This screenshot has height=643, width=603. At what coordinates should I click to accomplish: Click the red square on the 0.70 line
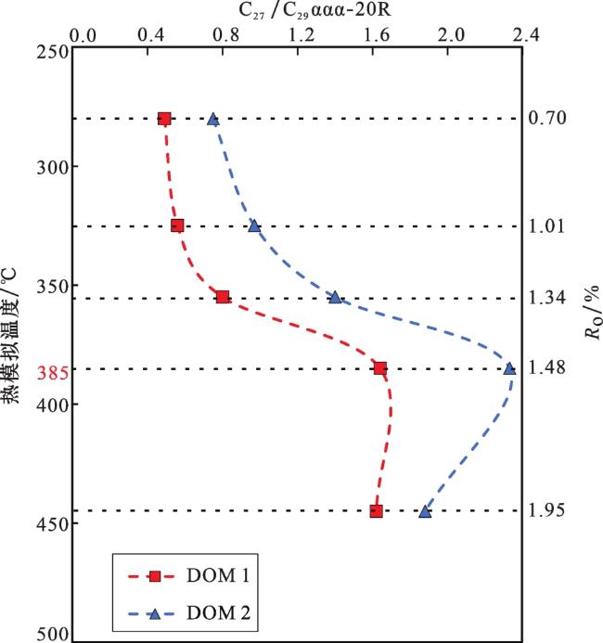(x=164, y=119)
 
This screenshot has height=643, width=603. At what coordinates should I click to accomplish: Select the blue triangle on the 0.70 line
(x=213, y=120)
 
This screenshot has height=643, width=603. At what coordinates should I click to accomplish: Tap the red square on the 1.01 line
(x=177, y=225)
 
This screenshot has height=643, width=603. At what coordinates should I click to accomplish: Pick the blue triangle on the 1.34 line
(x=335, y=297)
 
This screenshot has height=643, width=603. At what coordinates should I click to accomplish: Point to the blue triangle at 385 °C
(x=509, y=368)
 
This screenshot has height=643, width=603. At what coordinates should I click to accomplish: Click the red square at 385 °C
(x=380, y=367)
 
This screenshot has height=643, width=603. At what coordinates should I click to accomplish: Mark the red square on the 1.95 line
(x=376, y=511)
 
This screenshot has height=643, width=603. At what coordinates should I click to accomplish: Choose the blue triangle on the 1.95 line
(x=425, y=511)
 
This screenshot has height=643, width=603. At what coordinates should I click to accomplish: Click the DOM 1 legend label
(x=218, y=576)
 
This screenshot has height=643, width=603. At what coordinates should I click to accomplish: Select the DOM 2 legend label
(x=218, y=613)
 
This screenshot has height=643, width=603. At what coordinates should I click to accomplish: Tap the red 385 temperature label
(x=52, y=373)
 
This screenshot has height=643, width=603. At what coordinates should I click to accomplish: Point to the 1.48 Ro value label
(x=547, y=367)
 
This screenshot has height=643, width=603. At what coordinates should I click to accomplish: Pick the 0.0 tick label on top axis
(x=83, y=36)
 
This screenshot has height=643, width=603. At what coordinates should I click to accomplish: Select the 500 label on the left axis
(x=53, y=634)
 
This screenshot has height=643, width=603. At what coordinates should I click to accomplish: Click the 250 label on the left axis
(x=53, y=53)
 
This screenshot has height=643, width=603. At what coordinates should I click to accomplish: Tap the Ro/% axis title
(x=592, y=313)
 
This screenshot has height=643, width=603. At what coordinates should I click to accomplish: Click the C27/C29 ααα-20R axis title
(x=314, y=11)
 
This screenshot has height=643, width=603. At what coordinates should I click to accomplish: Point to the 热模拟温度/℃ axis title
(x=10, y=336)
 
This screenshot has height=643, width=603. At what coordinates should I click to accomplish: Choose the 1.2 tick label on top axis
(x=302, y=35)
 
